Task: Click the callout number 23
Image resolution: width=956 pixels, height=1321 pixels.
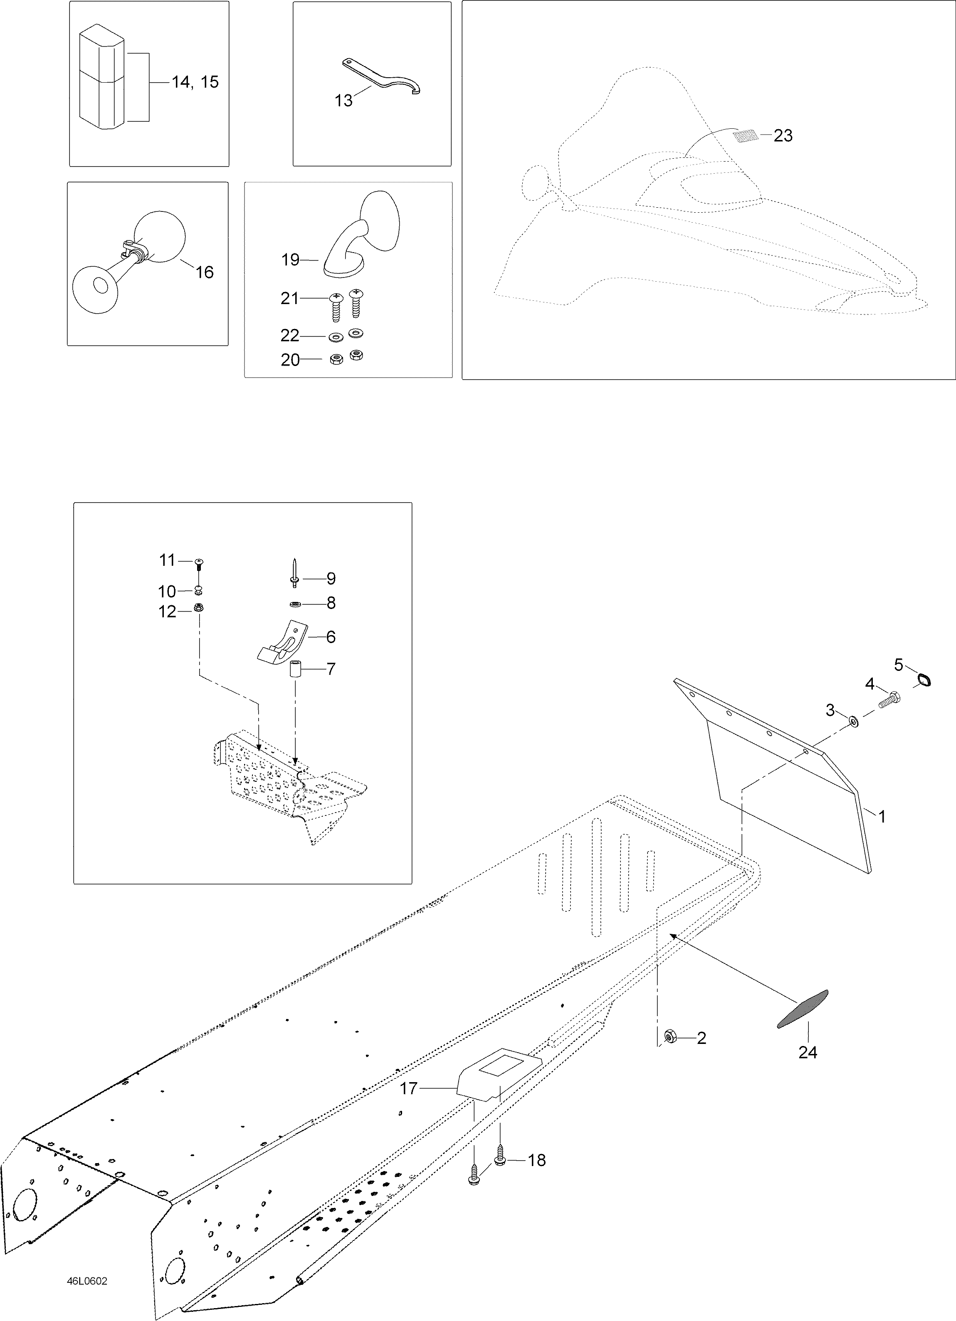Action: tap(783, 136)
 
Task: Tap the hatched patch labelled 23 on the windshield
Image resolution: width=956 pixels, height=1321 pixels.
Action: tap(746, 136)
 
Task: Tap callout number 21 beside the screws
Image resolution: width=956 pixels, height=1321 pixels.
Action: tap(290, 299)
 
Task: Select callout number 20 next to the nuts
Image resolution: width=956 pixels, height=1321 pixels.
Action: tap(290, 361)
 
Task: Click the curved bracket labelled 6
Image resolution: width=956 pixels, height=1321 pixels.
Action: tap(281, 646)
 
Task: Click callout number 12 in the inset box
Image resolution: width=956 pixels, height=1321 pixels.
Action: tap(167, 611)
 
